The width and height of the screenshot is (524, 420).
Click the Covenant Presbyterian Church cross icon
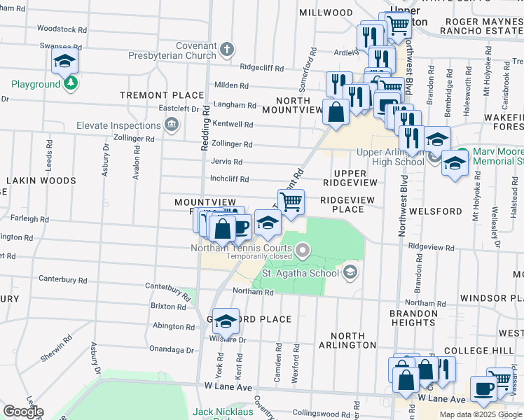(x=226, y=50)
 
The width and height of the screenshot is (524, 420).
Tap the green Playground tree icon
(x=70, y=84)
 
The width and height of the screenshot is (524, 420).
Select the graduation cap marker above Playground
(x=64, y=62)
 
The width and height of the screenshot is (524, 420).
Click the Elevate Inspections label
(x=118, y=126)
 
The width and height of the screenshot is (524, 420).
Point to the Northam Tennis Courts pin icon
(x=303, y=248)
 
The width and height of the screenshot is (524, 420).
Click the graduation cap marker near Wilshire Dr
(x=226, y=321)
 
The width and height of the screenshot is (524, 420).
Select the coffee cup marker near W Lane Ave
(x=482, y=388)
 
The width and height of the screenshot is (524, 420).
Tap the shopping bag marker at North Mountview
(x=336, y=111)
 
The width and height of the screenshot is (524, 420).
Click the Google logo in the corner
(x=23, y=412)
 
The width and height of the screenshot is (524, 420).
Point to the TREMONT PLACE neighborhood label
(x=152, y=94)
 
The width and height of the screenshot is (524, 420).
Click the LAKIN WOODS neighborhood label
(x=41, y=181)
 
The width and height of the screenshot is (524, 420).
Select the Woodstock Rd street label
(x=62, y=29)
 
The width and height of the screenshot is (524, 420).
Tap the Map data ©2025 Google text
(x=480, y=414)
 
